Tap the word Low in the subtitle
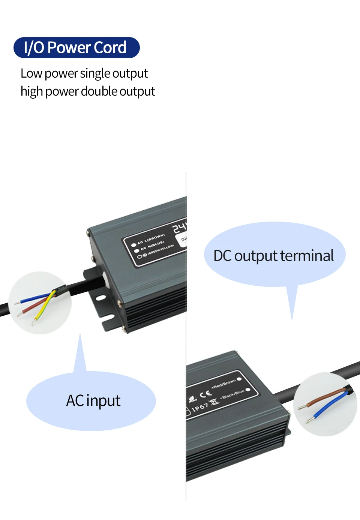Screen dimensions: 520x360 pos(31,73)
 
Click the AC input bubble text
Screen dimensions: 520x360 pos(93,400)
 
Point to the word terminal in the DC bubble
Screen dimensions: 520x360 pos(307,256)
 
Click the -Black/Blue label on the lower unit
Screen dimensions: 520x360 pos(232,394)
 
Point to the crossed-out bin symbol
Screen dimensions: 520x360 pos(214,403)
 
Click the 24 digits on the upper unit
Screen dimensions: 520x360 pos(179,227)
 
